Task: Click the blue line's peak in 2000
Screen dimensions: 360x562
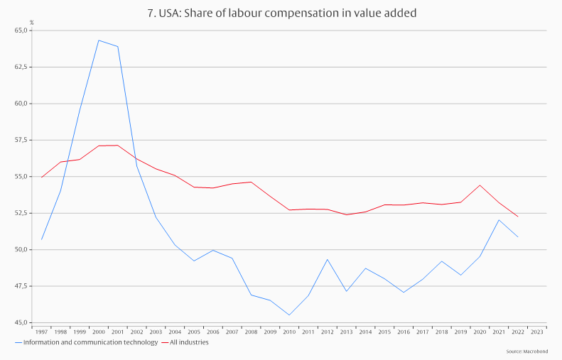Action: point(99,40)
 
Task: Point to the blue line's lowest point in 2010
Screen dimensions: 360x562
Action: point(289,315)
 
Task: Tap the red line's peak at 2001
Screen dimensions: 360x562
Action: point(118,145)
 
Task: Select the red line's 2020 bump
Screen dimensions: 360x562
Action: point(480,185)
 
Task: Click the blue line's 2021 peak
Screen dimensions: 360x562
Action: point(499,219)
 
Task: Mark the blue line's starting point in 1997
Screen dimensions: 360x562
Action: point(42,239)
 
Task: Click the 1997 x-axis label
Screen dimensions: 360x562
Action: point(42,332)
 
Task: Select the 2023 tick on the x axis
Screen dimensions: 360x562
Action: point(537,332)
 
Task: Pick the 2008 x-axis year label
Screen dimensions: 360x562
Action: point(252,332)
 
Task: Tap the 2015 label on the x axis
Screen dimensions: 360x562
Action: point(384,332)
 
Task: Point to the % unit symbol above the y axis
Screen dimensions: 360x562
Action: point(31,23)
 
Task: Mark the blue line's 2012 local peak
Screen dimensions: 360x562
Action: point(328,259)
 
